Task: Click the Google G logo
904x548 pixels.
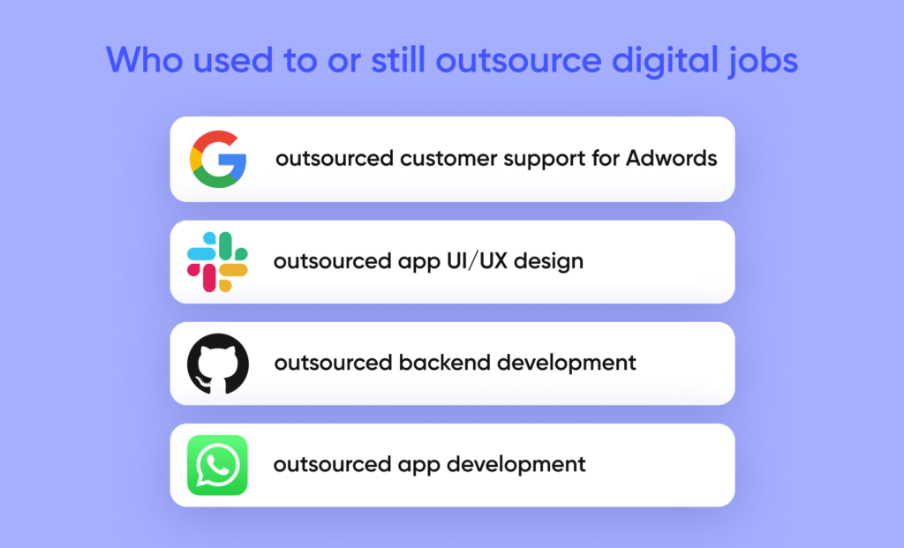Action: (x=218, y=159)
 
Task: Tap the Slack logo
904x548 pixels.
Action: (x=217, y=262)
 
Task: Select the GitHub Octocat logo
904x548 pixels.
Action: (x=218, y=364)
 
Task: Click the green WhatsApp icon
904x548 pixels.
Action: (x=217, y=465)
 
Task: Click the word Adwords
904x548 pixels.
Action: (x=672, y=159)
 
